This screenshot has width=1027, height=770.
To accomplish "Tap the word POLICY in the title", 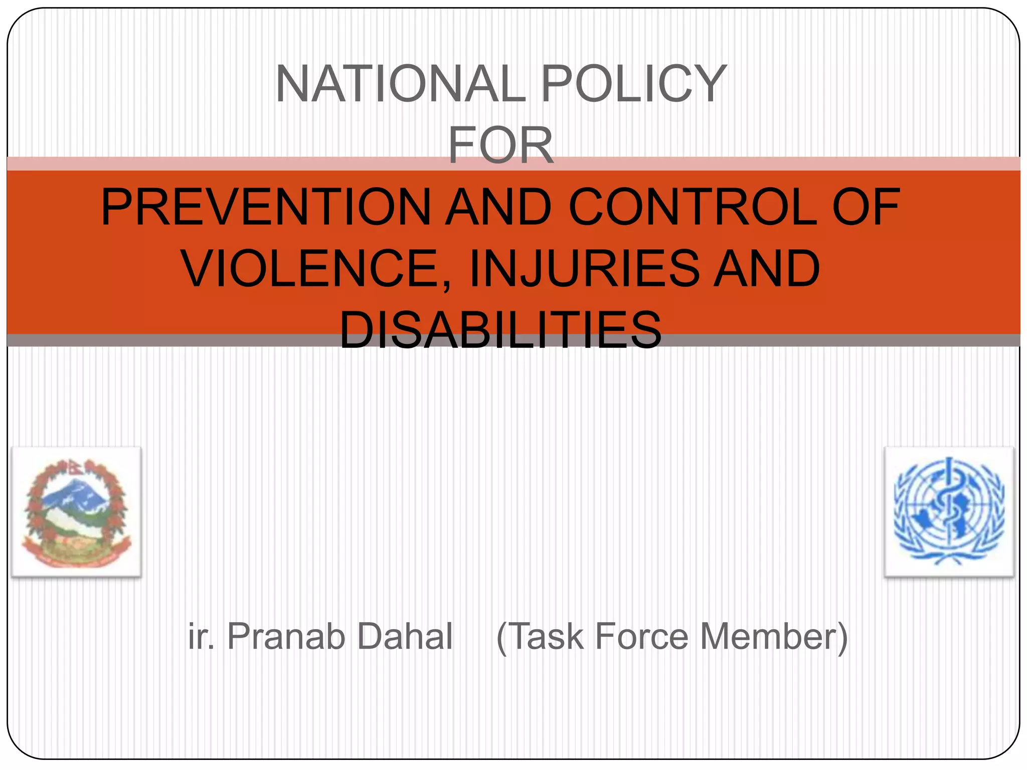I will [x=634, y=84].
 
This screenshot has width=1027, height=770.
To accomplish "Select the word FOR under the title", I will [x=500, y=145].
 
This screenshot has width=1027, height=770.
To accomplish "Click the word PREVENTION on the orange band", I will [x=266, y=207].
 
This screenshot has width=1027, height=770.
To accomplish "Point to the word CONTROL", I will [x=692, y=207].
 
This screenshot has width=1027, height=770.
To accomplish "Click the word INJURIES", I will [x=584, y=269].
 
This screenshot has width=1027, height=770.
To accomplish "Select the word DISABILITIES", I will [x=500, y=330].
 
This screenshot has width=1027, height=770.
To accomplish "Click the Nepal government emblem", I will [x=76, y=512].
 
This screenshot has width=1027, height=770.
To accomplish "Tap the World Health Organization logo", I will [x=949, y=512].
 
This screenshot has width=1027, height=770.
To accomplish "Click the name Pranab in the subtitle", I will [x=286, y=637].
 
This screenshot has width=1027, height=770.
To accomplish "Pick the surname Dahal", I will [x=405, y=637].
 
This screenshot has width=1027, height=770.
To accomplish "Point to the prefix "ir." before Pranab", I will [x=201, y=637].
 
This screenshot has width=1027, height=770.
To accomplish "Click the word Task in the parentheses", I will [x=547, y=637].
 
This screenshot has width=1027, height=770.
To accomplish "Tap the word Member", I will [x=767, y=637].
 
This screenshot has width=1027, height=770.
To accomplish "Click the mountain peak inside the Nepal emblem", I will [x=75, y=489].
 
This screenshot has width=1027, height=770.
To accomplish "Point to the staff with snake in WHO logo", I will [x=948, y=506].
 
